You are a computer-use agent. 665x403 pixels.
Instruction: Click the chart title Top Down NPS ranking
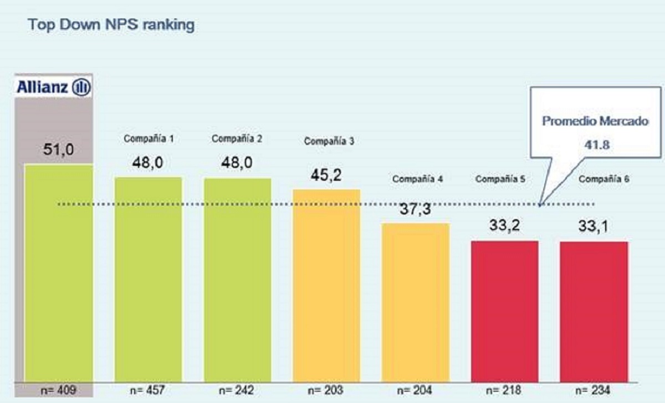tap(111, 25)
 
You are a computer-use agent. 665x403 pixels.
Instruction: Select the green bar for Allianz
tap(59, 272)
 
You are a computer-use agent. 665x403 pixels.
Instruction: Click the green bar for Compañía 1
tap(148, 278)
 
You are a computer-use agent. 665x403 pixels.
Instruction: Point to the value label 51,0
tap(59, 149)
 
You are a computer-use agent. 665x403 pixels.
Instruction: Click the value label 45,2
tap(326, 175)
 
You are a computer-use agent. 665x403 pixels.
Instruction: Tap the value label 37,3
tap(416, 210)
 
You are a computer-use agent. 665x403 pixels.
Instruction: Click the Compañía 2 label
tap(237, 139)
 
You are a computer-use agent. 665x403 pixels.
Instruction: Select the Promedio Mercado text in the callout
tap(595, 121)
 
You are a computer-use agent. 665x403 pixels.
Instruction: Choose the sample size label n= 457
tap(148, 390)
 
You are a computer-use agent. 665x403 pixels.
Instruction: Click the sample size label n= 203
tap(326, 390)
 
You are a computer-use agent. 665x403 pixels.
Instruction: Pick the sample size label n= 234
tap(594, 390)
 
